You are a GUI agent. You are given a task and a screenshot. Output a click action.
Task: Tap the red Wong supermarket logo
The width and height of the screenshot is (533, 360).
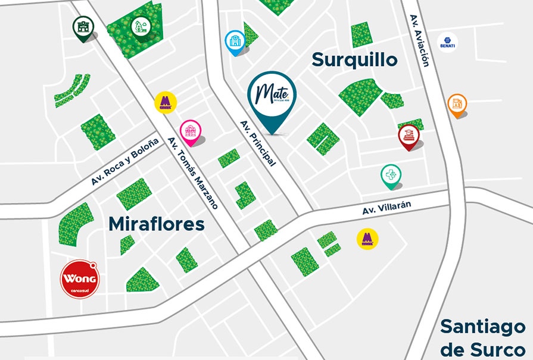80,278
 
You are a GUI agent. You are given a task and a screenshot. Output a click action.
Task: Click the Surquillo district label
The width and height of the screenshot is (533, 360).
354,60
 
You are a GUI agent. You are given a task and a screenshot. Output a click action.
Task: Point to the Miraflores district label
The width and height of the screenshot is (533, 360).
157,224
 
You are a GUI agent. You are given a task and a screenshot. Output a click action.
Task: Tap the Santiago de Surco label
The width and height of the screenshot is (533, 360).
483,337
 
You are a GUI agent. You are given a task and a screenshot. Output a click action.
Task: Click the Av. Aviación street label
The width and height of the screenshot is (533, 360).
419,40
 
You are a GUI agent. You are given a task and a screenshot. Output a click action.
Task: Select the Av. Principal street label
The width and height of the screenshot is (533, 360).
258,143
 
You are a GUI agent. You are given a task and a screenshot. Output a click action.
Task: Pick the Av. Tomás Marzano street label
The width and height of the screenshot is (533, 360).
193,173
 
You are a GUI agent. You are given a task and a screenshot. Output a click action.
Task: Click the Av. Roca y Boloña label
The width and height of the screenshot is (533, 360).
125,162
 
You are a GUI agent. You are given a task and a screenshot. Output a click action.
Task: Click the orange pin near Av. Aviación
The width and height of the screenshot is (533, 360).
457,105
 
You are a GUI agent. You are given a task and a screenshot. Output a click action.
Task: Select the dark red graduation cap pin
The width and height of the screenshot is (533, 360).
409,135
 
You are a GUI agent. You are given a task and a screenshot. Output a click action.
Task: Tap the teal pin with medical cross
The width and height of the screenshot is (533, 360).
391,175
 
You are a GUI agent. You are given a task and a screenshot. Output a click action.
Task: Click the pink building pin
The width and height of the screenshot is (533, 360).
191,131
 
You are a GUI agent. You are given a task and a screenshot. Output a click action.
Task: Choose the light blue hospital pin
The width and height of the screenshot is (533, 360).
235,41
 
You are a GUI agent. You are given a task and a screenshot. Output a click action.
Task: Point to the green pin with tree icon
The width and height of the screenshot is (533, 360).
141,26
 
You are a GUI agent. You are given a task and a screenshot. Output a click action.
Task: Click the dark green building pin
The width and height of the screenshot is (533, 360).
83,27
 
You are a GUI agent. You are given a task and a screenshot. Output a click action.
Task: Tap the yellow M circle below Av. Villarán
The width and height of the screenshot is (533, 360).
367,239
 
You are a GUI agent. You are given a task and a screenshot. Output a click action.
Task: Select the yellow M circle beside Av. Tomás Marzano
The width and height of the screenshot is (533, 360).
164,102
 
